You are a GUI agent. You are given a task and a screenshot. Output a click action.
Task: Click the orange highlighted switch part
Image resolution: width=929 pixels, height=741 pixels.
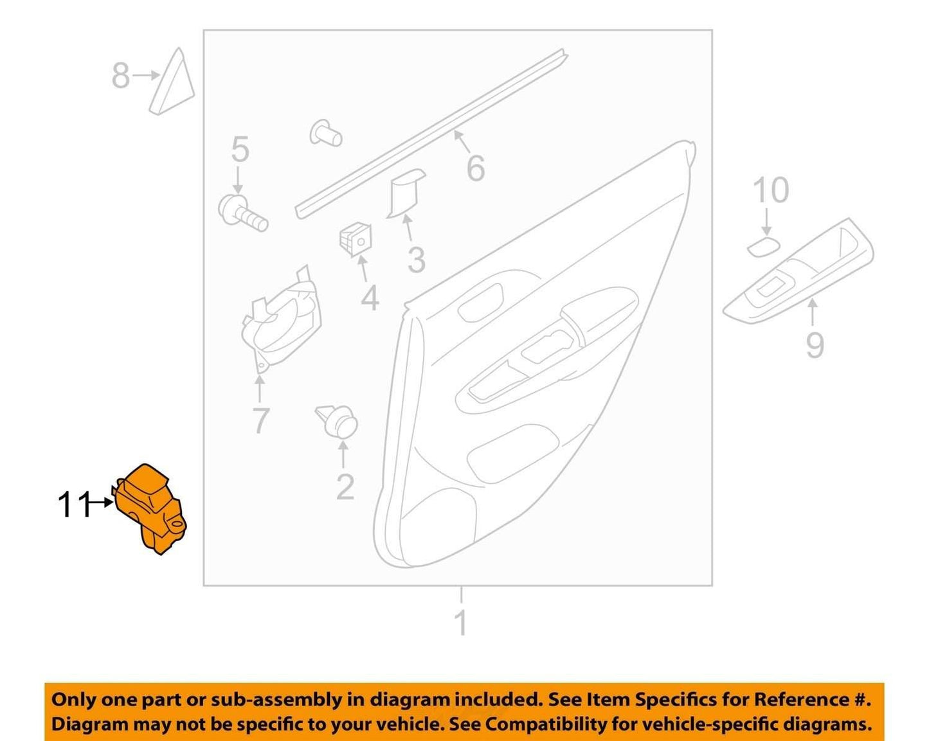150,510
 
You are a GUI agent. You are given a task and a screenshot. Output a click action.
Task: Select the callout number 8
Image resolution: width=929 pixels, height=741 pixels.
120,76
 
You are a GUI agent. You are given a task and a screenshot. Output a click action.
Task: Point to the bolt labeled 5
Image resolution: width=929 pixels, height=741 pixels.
242,214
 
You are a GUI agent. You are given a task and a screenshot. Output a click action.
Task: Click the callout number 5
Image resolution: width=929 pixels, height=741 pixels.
240,149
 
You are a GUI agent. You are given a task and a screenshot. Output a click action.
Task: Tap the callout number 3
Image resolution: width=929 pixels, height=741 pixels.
417,260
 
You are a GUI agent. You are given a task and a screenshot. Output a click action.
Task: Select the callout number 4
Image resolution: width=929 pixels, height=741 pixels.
370,297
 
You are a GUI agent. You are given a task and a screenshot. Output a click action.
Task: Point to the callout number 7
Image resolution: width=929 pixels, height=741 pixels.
260,420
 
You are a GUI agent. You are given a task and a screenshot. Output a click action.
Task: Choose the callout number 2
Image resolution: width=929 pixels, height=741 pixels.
345,487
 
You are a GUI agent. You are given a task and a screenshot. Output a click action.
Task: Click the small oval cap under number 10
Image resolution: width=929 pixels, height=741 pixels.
762,247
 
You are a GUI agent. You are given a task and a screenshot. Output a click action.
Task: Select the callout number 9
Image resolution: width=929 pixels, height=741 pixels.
815,345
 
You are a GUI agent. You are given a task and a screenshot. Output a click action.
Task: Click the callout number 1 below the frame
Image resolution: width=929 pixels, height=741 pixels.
461,623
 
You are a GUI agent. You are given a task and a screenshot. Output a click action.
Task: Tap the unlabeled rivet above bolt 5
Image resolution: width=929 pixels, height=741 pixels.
326,132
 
